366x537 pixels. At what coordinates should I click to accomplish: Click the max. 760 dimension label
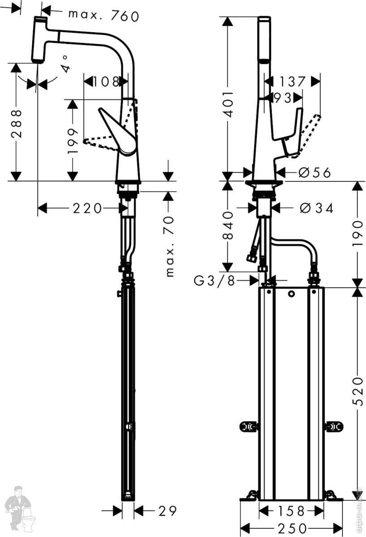103,16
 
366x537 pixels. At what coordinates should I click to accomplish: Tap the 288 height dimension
16,124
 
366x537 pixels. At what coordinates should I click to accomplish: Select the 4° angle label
65,64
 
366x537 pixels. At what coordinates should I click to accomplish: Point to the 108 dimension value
106,82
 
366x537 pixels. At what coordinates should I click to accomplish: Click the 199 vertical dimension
72,141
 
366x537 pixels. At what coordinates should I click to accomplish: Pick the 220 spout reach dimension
87,209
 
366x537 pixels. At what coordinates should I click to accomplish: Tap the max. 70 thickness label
170,246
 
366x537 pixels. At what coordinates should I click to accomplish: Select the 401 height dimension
228,104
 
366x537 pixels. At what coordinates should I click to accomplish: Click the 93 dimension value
282,98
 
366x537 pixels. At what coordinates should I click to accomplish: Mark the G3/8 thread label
214,281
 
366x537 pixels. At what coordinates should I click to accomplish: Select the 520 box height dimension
358,391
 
